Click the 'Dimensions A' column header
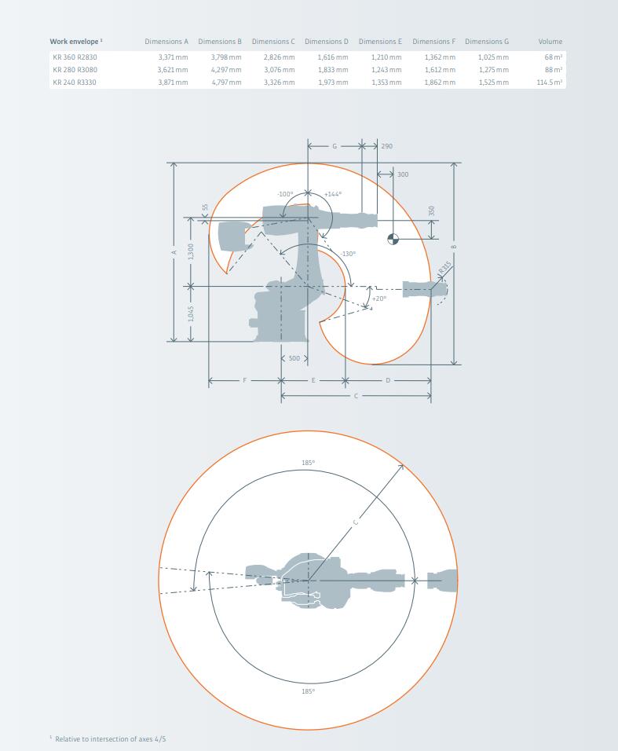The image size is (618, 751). click(x=166, y=42)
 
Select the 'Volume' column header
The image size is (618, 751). click(x=550, y=42)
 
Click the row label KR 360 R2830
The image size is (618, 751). click(x=75, y=57)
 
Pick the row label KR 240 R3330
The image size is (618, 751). click(x=74, y=82)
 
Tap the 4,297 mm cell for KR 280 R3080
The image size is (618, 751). click(x=226, y=70)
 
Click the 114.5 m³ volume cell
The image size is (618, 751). click(x=549, y=82)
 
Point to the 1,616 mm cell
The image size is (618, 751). click(x=333, y=57)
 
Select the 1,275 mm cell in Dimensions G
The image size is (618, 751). click(x=493, y=70)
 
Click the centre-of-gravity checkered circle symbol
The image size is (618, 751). click(x=393, y=239)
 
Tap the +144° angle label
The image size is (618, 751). click(x=333, y=194)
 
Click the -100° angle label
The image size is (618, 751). click(x=285, y=194)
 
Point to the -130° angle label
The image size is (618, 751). click(x=348, y=254)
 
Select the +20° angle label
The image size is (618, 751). click(x=379, y=299)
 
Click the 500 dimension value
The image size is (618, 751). click(x=294, y=358)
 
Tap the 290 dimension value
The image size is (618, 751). click(x=387, y=146)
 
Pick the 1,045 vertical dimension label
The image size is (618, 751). click(x=191, y=314)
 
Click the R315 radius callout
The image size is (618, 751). click(x=444, y=268)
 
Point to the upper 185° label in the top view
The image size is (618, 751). click(x=309, y=463)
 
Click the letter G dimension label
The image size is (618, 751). click(x=335, y=146)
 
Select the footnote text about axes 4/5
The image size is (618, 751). click(x=108, y=739)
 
